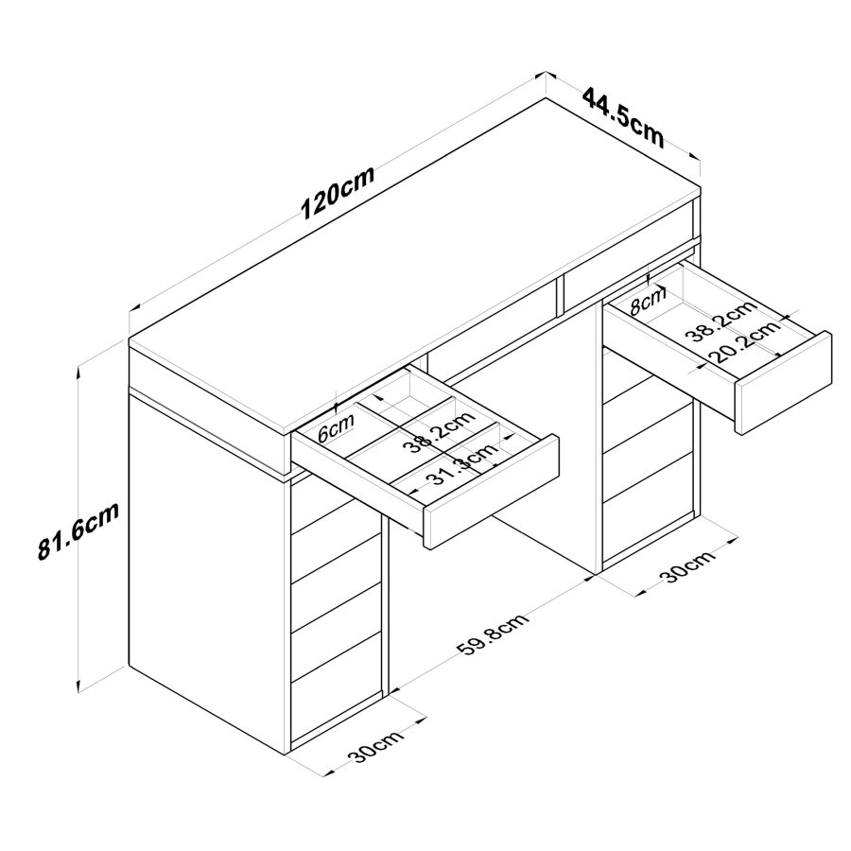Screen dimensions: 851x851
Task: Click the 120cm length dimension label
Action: tap(338, 194)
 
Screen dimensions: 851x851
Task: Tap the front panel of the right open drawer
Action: tap(783, 382)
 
